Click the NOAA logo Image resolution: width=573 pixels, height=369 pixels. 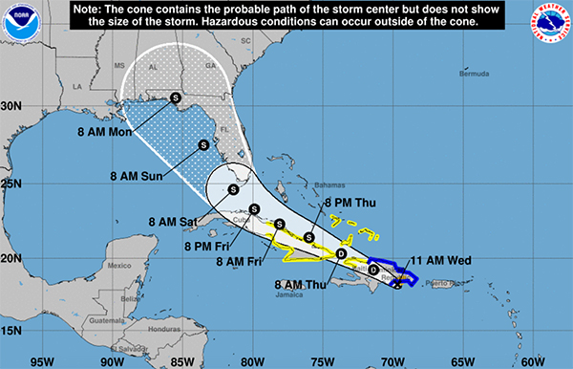[18, 23]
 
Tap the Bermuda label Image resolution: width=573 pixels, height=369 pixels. [475, 74]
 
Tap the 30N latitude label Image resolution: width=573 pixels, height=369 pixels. [11, 107]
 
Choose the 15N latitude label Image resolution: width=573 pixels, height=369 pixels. [11, 331]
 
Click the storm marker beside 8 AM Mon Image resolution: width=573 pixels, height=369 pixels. [176, 97]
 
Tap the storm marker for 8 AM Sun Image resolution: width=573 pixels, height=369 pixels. [203, 145]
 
